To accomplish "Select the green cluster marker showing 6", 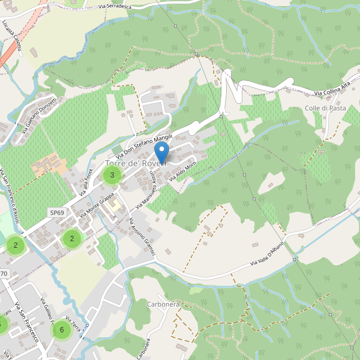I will click(x=62, y=329).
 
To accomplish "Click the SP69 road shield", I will click(x=57, y=212).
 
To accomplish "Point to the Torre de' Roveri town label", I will click(x=136, y=164).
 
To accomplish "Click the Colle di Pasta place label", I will click(x=325, y=108).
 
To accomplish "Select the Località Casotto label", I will click(x=14, y=41).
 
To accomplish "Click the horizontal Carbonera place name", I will click(x=163, y=304).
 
